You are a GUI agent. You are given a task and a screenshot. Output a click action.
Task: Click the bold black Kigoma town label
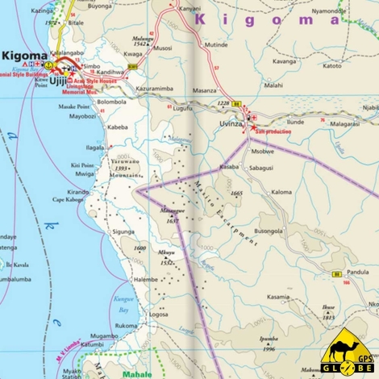(25, 56)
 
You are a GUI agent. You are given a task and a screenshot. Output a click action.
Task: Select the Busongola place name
(269, 230)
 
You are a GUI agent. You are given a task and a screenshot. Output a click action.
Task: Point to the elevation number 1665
(235, 194)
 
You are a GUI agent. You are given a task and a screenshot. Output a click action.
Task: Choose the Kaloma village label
(281, 192)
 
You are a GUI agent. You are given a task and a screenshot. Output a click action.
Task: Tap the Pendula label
(356, 283)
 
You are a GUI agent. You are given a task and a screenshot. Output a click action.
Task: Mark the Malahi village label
(273, 85)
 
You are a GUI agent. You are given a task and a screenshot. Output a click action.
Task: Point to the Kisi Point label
(82, 165)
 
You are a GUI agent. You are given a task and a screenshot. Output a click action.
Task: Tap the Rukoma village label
(127, 326)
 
